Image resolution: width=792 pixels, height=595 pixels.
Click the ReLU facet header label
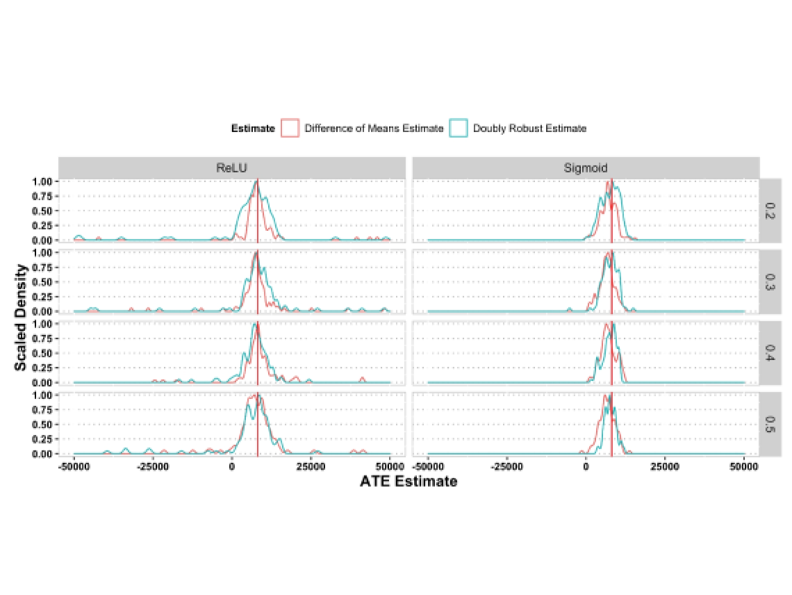coord(231,168)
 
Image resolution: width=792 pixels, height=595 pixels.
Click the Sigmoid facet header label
coord(586,168)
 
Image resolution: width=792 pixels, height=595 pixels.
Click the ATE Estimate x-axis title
coord(409,481)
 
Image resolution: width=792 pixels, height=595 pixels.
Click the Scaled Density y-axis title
coord(22,317)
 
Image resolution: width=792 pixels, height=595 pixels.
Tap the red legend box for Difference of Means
coord(290,128)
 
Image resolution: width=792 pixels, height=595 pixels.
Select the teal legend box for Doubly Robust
coord(459,128)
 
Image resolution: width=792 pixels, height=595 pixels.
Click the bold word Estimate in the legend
coord(253,129)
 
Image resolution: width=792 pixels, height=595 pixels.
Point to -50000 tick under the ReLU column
coord(75,466)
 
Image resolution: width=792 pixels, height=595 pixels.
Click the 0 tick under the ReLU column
coord(233,466)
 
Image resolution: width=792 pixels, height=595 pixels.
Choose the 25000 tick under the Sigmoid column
coord(665,466)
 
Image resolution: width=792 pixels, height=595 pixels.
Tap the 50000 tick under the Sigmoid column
coord(743,466)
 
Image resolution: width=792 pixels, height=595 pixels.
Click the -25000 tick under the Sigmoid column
coord(506,466)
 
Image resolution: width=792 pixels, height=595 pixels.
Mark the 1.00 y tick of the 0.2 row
coord(43,181)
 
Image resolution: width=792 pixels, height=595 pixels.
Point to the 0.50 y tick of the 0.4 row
coord(43,353)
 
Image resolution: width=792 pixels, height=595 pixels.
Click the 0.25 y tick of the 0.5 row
coord(43,439)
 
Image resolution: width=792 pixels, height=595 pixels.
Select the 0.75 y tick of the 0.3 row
coord(43,268)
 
